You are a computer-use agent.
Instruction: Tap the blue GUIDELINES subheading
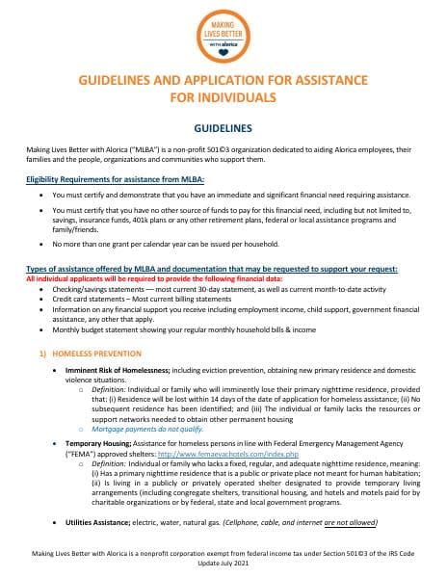pos(223,126)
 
